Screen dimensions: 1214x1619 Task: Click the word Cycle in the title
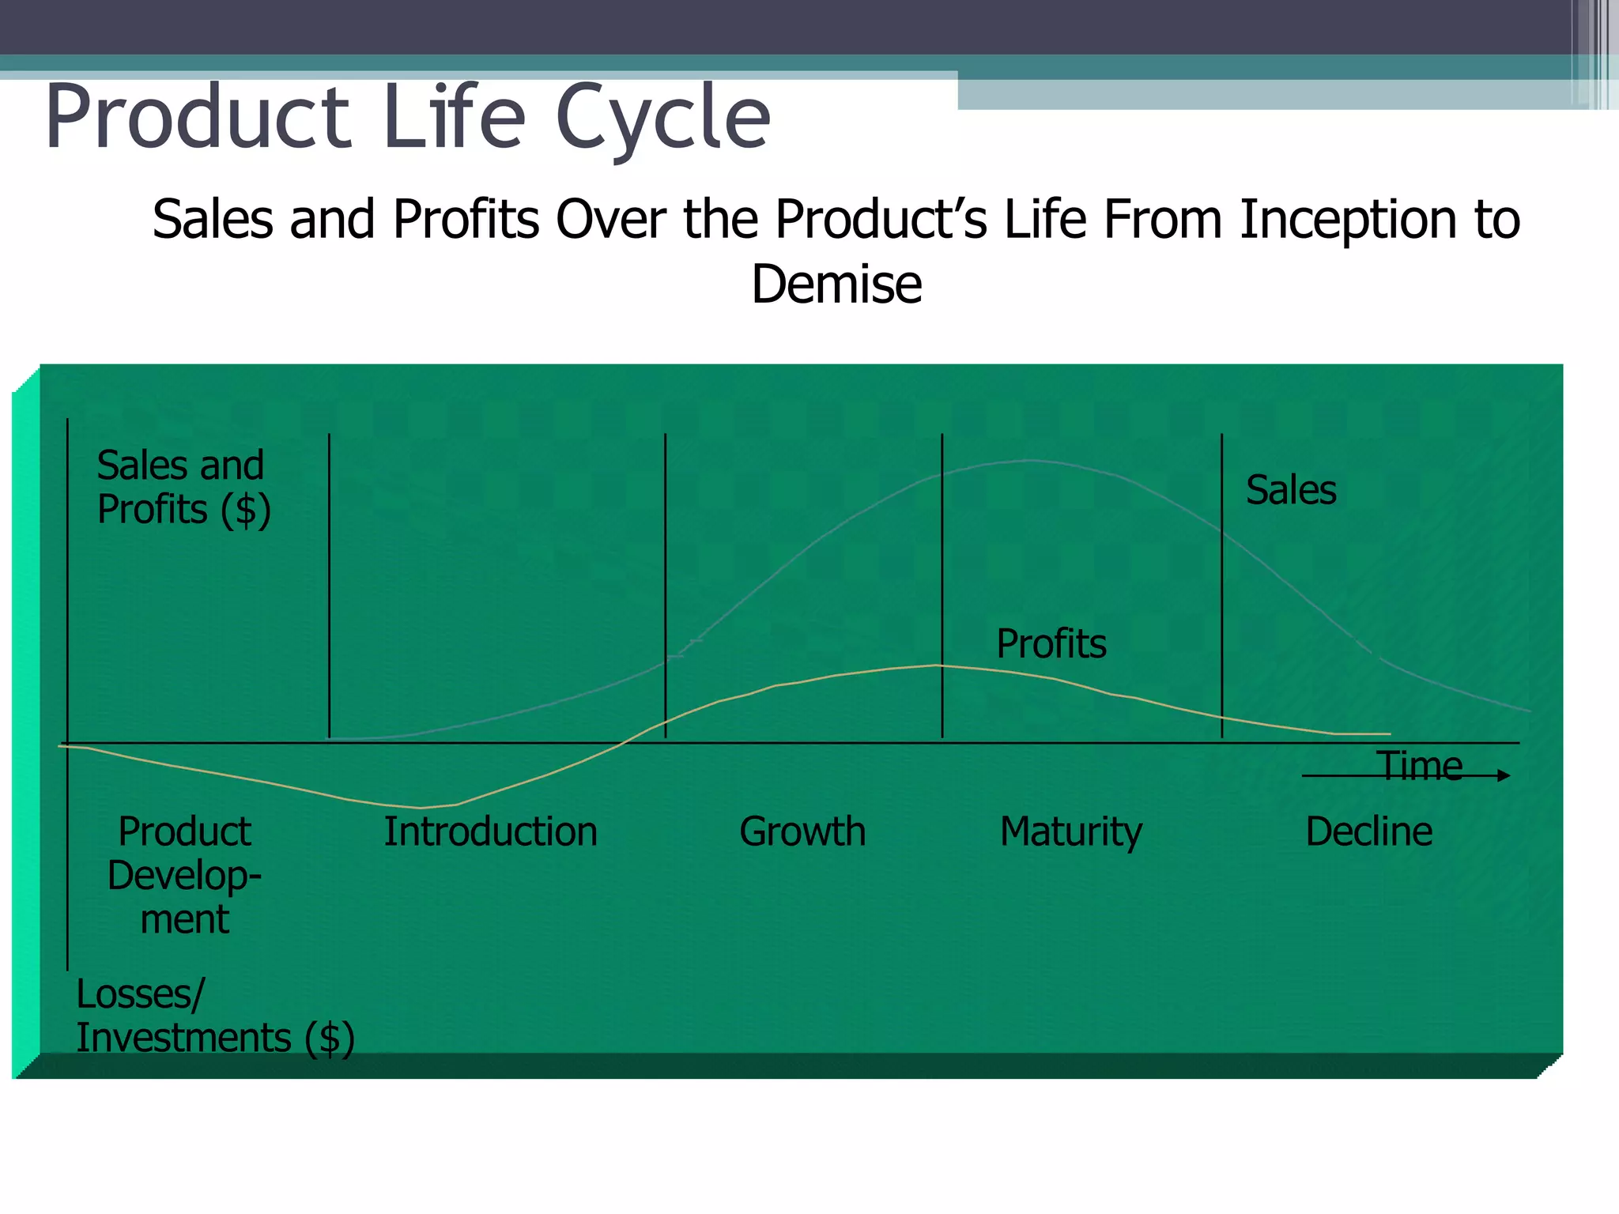point(662,119)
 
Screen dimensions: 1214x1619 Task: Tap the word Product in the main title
point(198,119)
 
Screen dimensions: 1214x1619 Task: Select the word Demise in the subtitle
point(836,285)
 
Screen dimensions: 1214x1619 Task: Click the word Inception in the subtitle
point(1349,220)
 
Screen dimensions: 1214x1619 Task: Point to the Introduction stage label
point(490,831)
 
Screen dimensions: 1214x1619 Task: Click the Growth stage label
point(802,831)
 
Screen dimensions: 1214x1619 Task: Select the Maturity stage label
point(1071,831)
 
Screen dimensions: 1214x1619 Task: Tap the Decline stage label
point(1368,831)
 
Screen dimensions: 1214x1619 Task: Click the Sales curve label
point(1291,490)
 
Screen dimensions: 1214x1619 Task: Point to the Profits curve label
point(1051,643)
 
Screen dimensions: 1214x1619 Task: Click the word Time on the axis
point(1419,765)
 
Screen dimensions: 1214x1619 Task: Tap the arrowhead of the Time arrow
point(1504,776)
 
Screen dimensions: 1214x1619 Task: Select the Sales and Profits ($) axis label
point(183,487)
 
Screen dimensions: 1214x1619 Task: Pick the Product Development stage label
point(184,875)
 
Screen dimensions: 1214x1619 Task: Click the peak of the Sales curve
point(1028,460)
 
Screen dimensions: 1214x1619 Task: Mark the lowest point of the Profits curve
point(421,808)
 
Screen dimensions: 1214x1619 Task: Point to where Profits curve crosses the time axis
point(622,743)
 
